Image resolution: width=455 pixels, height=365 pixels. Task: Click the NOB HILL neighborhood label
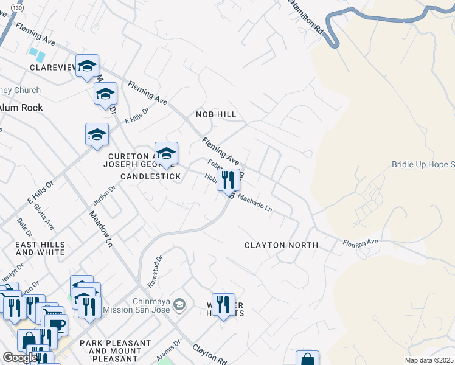[x=216, y=114]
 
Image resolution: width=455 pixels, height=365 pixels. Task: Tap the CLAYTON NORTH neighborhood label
[x=281, y=245]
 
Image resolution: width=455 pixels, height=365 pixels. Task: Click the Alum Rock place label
[x=21, y=108]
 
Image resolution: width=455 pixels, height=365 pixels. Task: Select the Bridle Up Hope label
[x=423, y=164]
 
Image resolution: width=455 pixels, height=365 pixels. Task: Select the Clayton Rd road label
[x=210, y=354]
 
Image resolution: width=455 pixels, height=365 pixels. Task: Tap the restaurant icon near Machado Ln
[x=229, y=179]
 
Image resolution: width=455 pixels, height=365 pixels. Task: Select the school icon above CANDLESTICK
[x=166, y=153]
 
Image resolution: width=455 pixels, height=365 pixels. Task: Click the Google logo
[x=20, y=358]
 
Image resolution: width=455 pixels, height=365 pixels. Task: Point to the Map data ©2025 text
[x=429, y=360]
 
